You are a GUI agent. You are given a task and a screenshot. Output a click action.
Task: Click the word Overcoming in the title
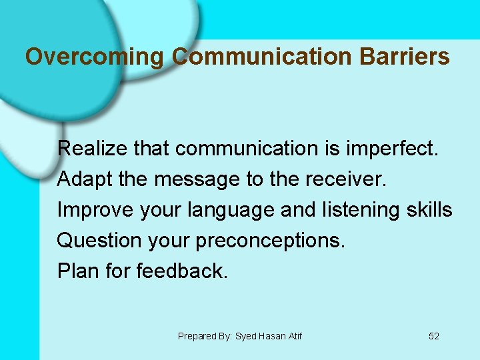[x=94, y=57]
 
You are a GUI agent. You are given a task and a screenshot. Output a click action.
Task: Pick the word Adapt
[x=81, y=179]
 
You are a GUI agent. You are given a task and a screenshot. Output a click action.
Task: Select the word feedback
[x=182, y=271]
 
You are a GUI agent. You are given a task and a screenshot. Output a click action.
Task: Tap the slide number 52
[x=434, y=336]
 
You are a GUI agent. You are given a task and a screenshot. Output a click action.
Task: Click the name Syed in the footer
[x=245, y=336]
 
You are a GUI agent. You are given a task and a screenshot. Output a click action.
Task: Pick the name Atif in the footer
[x=294, y=336]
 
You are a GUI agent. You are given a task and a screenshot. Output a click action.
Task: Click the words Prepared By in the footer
[x=203, y=336]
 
